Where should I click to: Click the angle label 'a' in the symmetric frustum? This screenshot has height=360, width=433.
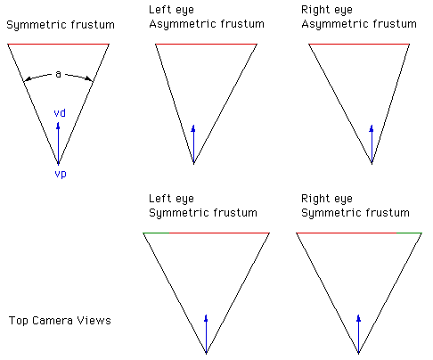58,74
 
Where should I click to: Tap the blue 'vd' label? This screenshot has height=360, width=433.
60,113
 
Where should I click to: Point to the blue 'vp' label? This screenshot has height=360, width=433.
61,174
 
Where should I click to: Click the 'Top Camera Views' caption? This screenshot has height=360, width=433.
60,321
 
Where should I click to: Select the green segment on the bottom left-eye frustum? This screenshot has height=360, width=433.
156,233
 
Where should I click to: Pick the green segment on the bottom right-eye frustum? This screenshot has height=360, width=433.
409,233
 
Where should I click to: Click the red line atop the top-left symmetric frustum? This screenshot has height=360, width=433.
58,45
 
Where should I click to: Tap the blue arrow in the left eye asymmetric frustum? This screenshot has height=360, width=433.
193,143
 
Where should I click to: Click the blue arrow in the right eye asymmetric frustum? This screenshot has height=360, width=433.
372,143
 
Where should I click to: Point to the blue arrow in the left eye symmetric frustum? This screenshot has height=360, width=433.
206,333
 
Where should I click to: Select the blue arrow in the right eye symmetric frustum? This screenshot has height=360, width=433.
359,333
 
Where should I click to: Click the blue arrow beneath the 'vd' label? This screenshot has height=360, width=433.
58,143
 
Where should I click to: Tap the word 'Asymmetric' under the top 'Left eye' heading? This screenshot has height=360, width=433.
177,24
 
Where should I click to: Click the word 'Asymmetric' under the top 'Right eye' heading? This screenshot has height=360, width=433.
330,24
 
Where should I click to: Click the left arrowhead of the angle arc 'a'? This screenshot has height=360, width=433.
28,79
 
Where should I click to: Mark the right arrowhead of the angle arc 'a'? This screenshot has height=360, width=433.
89,79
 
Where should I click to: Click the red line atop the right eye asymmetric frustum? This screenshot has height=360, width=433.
359,45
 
